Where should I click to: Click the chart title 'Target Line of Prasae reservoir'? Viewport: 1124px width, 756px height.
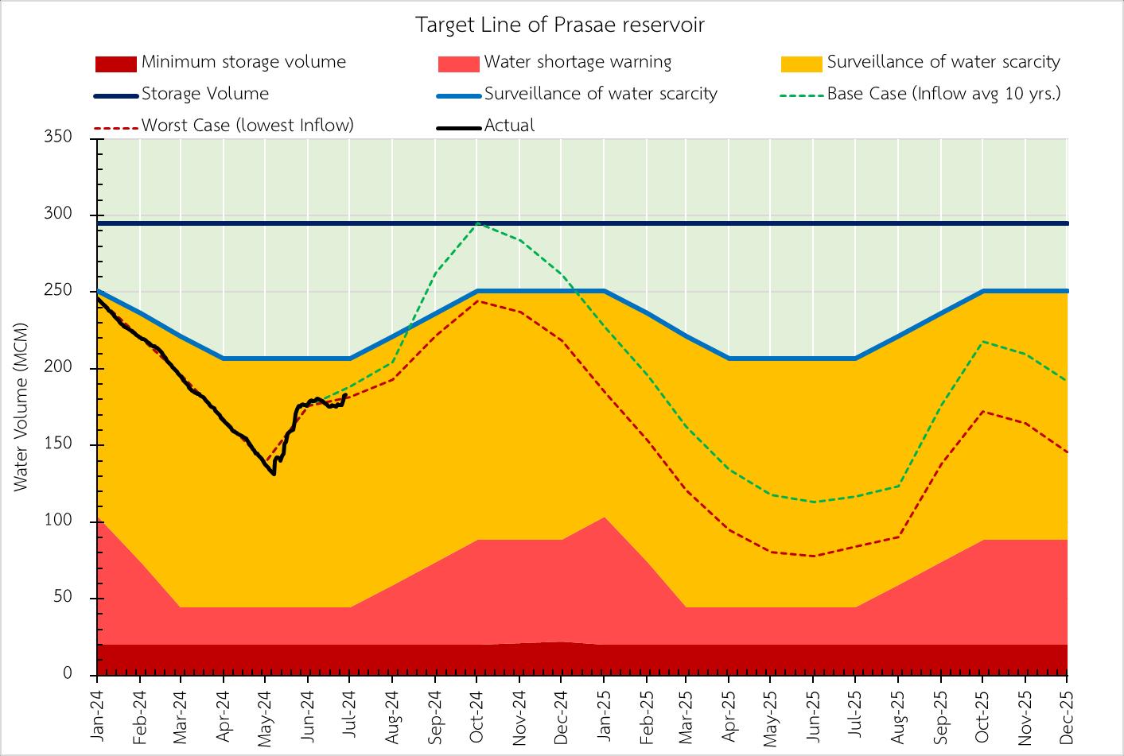(x=561, y=25)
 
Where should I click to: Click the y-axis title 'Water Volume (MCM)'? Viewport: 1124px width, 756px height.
(x=21, y=406)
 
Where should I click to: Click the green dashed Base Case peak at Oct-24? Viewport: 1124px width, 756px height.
(x=476, y=223)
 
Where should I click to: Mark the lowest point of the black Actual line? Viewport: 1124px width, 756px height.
(x=274, y=475)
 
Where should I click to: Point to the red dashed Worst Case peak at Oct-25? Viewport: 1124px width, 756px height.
(x=983, y=411)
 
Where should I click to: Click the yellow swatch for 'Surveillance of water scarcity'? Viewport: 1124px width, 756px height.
(x=801, y=63)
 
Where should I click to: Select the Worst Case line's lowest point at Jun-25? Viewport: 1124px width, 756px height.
(x=814, y=556)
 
